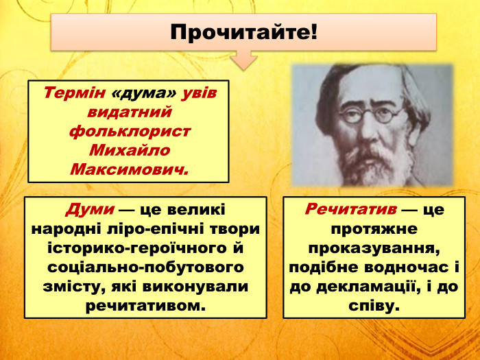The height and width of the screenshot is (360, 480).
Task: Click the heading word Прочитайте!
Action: pyautogui.click(x=244, y=31)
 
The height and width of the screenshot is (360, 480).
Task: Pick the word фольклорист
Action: pyautogui.click(x=129, y=130)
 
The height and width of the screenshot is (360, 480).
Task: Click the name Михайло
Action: pyautogui.click(x=129, y=149)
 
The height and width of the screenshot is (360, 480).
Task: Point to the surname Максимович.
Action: pyautogui.click(x=129, y=168)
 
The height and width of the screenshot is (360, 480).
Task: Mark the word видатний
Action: pyautogui.click(x=129, y=111)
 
